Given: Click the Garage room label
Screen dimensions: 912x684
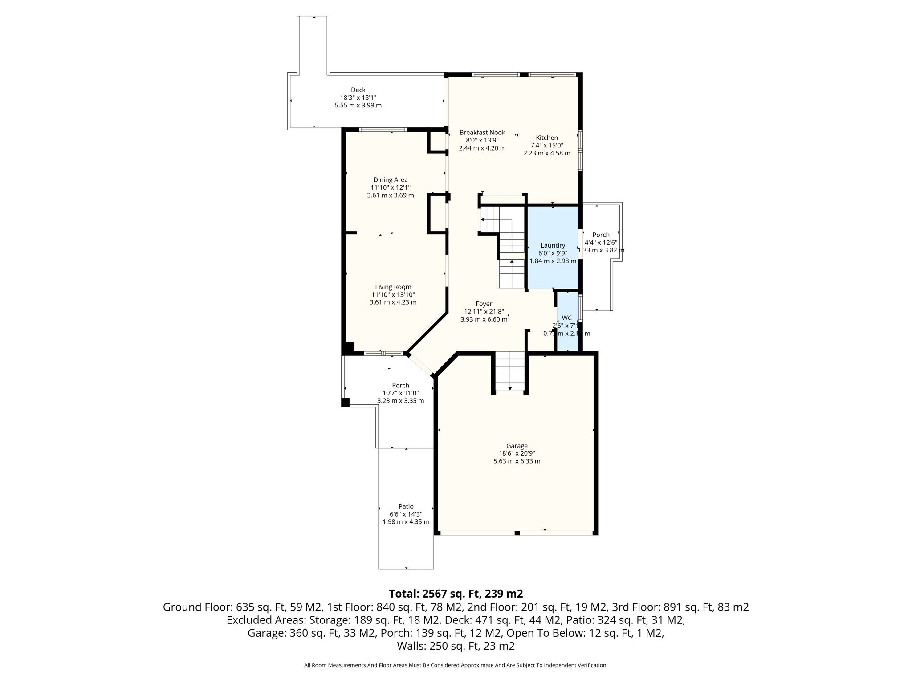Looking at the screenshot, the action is (517, 446).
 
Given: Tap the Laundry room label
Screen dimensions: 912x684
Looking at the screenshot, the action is (553, 245).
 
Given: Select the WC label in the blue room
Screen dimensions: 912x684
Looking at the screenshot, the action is (566, 318).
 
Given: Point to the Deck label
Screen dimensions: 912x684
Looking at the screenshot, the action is (358, 90).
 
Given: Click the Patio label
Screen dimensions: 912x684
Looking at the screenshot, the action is (406, 506).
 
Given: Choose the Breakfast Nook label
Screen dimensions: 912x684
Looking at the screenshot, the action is (482, 133).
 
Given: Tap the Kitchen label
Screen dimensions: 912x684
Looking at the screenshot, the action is (547, 138).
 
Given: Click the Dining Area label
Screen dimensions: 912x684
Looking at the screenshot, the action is (391, 180).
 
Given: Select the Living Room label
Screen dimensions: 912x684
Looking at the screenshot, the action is (393, 287).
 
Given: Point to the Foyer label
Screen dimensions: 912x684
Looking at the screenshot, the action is (484, 304).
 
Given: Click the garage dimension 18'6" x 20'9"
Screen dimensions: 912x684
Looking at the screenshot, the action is (517, 453).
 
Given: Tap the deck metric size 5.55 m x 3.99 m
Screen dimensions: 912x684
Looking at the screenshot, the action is (358, 106).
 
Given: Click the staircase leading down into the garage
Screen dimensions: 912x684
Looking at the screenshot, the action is (510, 372).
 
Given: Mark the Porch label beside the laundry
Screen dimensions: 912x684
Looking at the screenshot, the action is (601, 235).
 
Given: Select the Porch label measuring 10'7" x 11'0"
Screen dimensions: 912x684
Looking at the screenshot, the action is (400, 386).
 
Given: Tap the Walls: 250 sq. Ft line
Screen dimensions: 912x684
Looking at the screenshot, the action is (456, 646).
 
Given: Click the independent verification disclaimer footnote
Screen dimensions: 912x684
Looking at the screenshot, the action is (456, 665).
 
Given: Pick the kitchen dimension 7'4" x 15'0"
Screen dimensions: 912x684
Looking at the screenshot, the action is (547, 146).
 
